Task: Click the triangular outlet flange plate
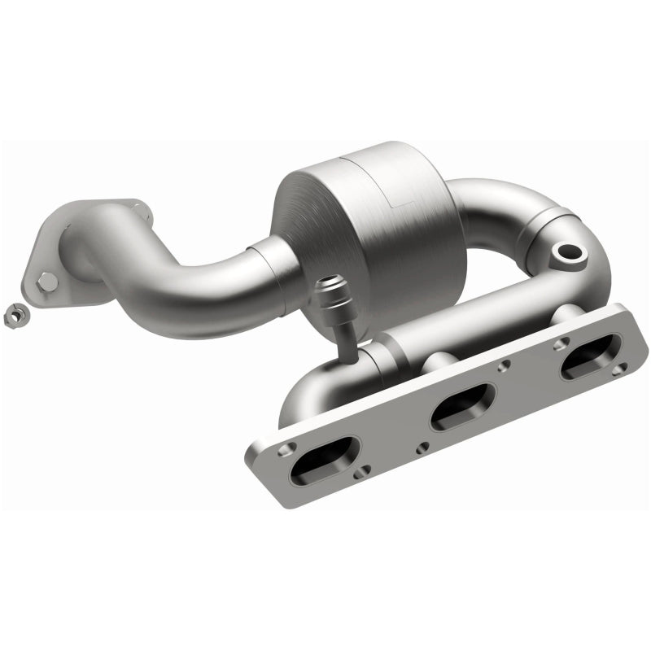(77, 252)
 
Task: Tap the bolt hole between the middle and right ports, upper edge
(506, 365)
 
